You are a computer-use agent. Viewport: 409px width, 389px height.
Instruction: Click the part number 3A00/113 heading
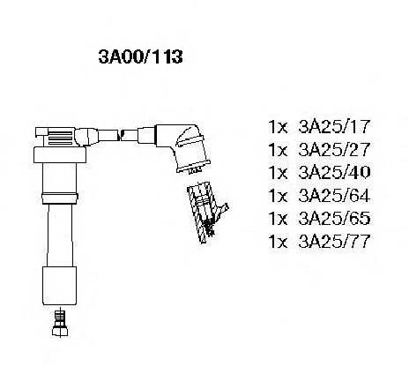(140, 56)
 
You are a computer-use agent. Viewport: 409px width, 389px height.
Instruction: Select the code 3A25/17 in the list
(334, 126)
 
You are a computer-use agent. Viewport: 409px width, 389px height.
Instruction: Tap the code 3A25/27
(334, 149)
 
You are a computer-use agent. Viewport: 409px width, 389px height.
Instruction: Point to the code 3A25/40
(334, 172)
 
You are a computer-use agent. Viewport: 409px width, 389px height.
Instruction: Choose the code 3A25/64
(334, 195)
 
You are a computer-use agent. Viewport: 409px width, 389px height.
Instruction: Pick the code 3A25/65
(334, 218)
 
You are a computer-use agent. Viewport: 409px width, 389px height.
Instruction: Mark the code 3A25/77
(334, 241)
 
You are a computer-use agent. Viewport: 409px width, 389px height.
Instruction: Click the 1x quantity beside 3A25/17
(278, 127)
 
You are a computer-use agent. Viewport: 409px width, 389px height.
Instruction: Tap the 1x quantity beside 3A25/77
(278, 242)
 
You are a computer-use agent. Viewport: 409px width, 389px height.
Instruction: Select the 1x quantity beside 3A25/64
(278, 196)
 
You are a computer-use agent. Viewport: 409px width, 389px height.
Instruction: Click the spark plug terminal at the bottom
(60, 323)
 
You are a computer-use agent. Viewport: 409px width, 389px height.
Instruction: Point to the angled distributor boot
(182, 147)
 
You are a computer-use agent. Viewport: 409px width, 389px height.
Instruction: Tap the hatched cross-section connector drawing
(206, 213)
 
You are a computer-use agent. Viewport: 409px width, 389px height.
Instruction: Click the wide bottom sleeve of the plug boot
(59, 286)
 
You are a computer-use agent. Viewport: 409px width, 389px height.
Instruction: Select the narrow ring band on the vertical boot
(60, 198)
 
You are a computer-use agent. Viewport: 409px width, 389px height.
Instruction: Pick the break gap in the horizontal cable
(120, 136)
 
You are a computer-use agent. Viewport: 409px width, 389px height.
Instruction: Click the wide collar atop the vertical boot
(60, 155)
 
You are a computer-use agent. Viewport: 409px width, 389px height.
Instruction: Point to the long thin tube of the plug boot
(60, 235)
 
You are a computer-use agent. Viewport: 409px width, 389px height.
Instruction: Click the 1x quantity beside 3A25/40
(278, 173)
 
